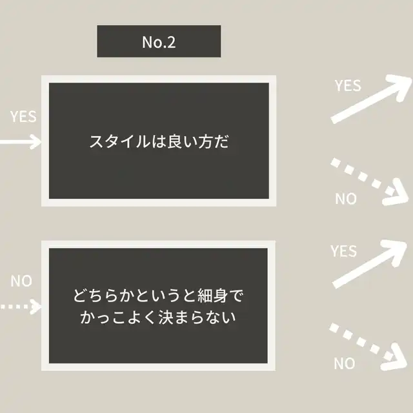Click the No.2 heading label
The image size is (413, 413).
click(159, 41)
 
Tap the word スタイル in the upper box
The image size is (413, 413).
click(119, 141)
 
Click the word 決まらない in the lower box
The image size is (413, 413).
click(197, 317)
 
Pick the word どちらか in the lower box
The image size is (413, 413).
click(103, 296)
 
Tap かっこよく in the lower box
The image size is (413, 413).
click(119, 317)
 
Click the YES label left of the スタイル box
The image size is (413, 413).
click(23, 116)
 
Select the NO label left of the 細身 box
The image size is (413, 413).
click(21, 281)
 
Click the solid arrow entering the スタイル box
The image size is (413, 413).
click(21, 142)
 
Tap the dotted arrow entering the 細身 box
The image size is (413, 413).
click(21, 307)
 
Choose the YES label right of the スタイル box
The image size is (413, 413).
click(348, 86)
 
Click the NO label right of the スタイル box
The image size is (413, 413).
click(346, 198)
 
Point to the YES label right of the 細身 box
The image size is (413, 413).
click(344, 251)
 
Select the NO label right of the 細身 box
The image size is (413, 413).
click(345, 363)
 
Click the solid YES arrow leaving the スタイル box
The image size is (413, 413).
click(372, 99)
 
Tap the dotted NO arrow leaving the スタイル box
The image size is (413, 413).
click(370, 182)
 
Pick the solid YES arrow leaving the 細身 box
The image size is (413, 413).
click(370, 264)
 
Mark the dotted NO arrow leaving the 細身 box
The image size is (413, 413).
click(368, 347)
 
